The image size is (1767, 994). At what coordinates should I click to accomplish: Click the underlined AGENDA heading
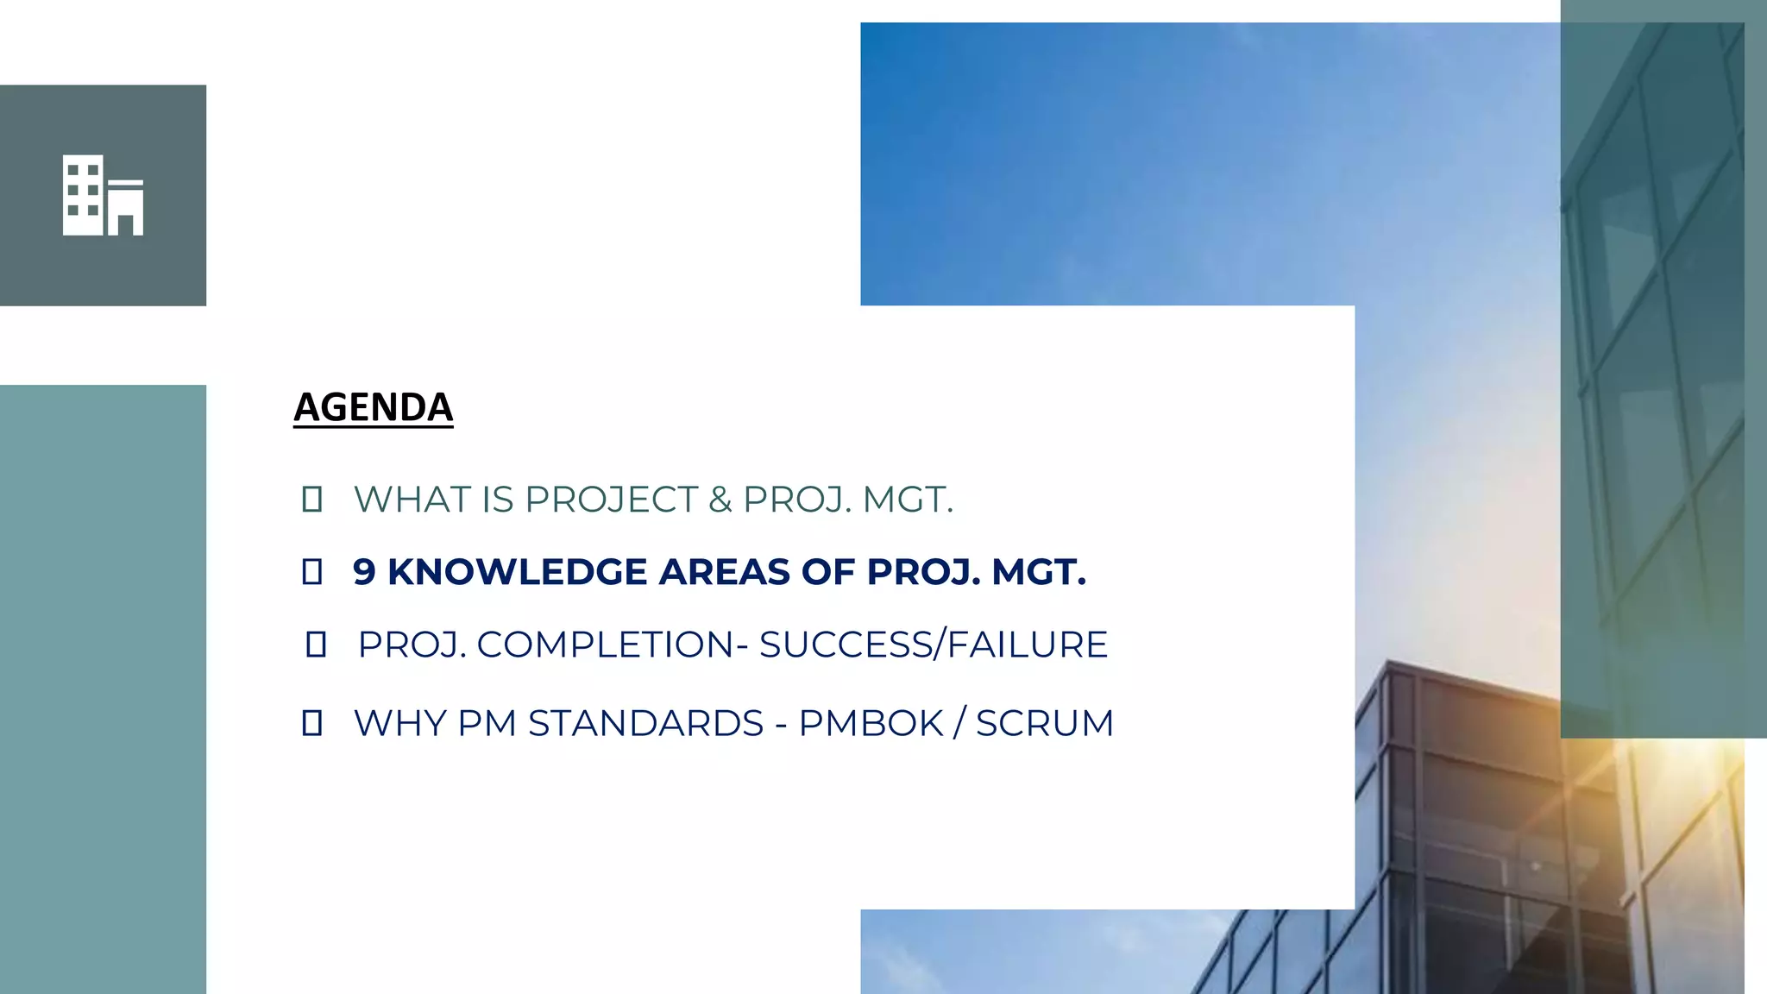pyautogui.click(x=373, y=407)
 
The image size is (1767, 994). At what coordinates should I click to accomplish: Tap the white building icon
pyautogui.click(x=103, y=195)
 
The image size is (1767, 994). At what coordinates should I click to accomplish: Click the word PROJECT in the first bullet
pyautogui.click(x=611, y=500)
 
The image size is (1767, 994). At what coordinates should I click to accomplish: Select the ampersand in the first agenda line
pyautogui.click(x=720, y=500)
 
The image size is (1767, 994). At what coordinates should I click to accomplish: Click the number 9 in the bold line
pyautogui.click(x=364, y=572)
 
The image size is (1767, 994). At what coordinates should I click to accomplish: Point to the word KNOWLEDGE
pyautogui.click(x=517, y=572)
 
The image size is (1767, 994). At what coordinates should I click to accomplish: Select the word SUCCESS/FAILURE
pyautogui.click(x=934, y=645)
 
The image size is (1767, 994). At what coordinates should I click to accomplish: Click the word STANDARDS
pyautogui.click(x=645, y=723)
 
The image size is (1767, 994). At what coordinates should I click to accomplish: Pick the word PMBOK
pyautogui.click(x=871, y=723)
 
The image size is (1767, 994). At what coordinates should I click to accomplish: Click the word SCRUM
pyautogui.click(x=1044, y=723)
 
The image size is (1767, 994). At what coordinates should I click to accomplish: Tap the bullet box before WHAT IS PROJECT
pyautogui.click(x=312, y=500)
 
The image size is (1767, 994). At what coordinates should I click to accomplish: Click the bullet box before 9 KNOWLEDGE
pyautogui.click(x=312, y=572)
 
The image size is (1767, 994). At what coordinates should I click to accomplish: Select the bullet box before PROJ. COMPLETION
pyautogui.click(x=316, y=645)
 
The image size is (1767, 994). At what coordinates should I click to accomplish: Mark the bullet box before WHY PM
pyautogui.click(x=312, y=723)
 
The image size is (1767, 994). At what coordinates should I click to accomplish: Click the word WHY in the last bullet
pyautogui.click(x=399, y=723)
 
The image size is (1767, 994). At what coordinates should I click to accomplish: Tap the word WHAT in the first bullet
pyautogui.click(x=412, y=500)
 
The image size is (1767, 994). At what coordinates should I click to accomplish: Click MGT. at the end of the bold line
pyautogui.click(x=1038, y=572)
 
